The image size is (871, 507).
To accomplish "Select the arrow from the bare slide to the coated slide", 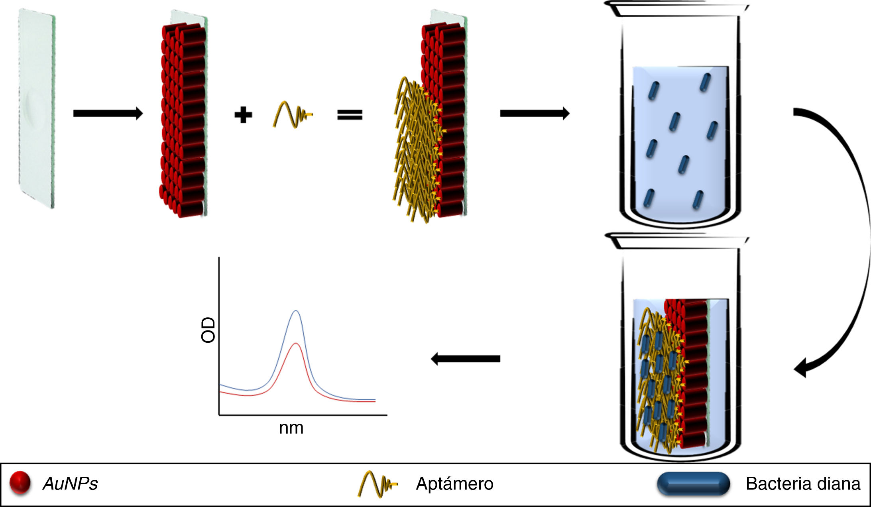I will [x=108, y=114].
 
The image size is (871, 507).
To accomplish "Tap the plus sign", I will [x=243, y=115].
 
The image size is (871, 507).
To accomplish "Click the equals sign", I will [x=350, y=115].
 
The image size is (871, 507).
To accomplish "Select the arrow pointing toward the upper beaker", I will [x=534, y=114].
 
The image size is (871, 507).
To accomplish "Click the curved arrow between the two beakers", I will [x=857, y=239].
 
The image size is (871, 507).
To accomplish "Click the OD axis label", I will [x=208, y=330].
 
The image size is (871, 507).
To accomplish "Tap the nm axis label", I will [x=291, y=428].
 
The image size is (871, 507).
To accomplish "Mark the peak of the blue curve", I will [x=295, y=310].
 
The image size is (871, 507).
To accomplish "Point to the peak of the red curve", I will [x=295, y=343].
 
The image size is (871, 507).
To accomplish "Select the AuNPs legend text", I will [x=70, y=484].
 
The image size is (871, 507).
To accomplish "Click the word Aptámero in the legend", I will [x=454, y=484].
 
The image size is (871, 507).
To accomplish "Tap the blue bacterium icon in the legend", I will [x=693, y=483].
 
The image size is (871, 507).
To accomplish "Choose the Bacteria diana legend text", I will [x=802, y=484].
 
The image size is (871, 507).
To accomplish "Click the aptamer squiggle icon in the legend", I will [x=377, y=484].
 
